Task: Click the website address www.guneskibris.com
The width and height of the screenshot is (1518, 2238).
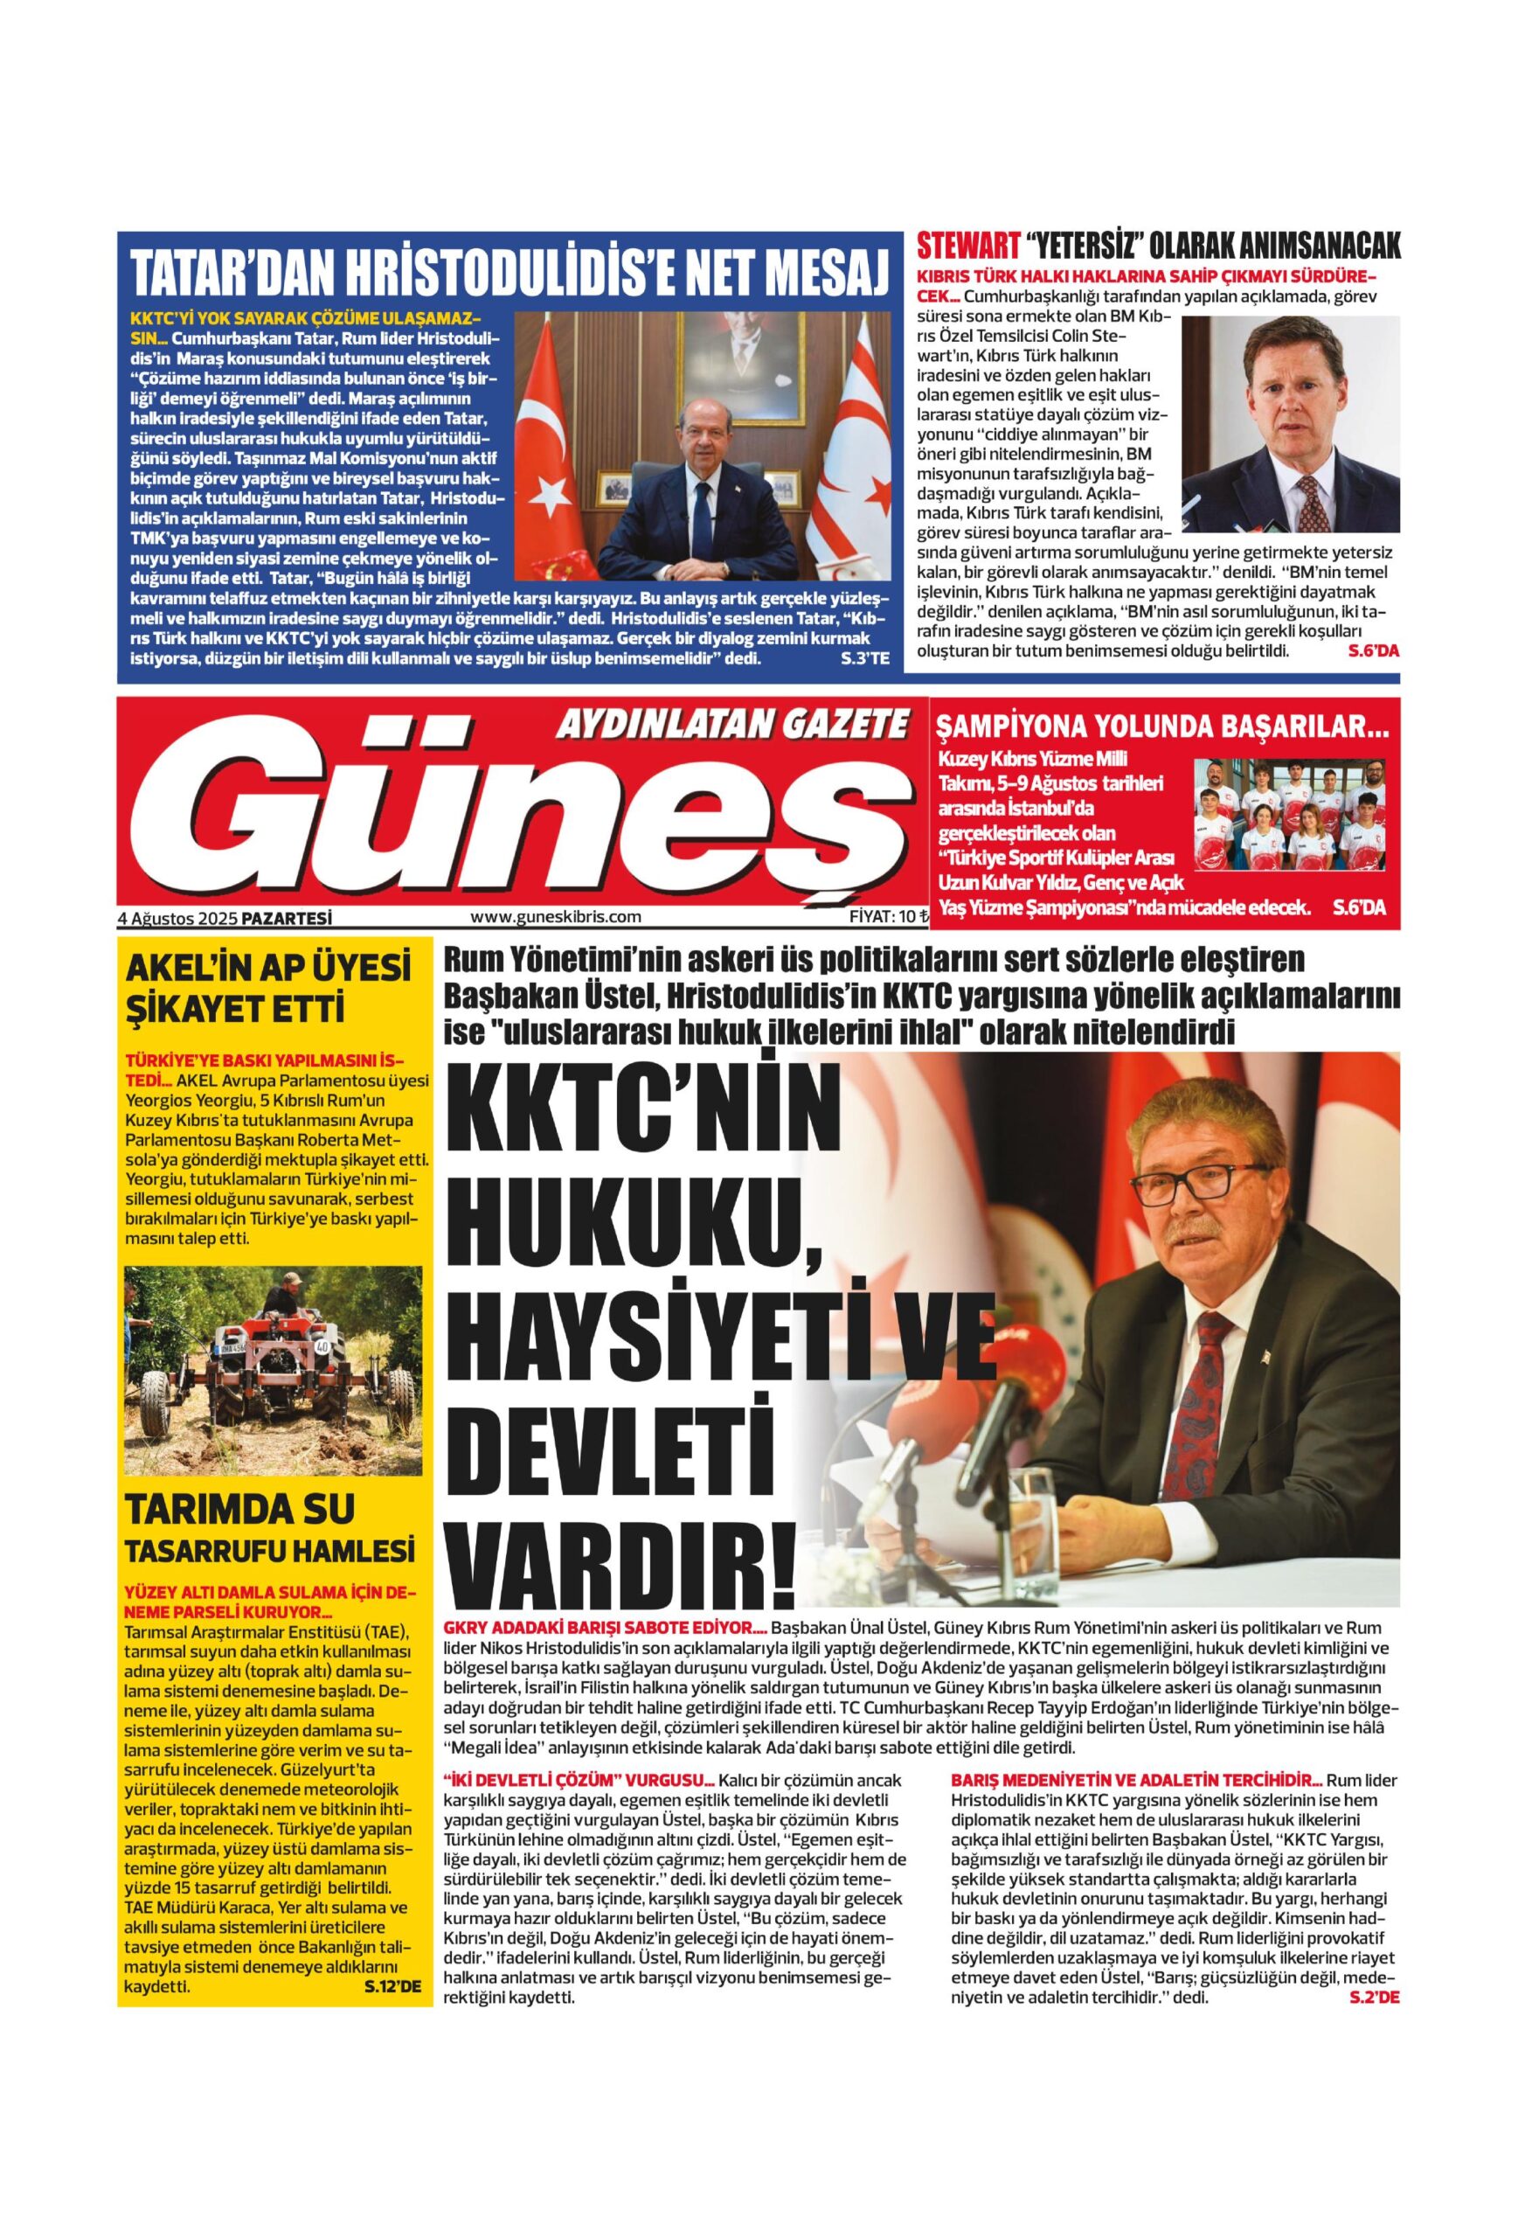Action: click(x=556, y=917)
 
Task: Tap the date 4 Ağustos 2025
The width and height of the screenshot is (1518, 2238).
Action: click(x=177, y=918)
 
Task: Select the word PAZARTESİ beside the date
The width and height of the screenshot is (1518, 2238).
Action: click(x=286, y=918)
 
